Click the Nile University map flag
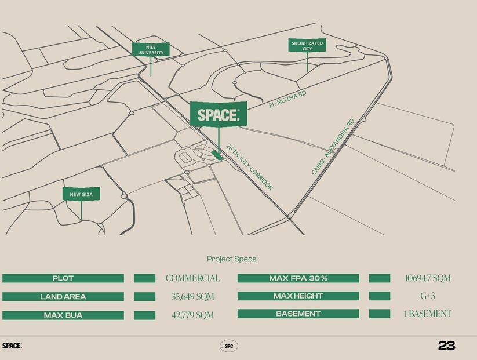(x=151, y=50)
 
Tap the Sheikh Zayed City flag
(x=307, y=46)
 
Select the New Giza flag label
(x=81, y=194)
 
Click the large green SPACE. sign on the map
(x=218, y=114)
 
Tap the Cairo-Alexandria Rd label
(x=333, y=147)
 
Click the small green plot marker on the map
(x=218, y=155)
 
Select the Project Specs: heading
(x=232, y=259)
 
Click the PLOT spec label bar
(x=63, y=278)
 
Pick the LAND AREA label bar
(x=63, y=297)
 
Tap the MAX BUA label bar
(x=63, y=315)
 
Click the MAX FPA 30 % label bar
(x=298, y=278)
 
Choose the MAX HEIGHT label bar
(x=298, y=296)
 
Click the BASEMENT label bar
(x=298, y=314)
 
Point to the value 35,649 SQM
(x=193, y=297)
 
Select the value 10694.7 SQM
(x=427, y=278)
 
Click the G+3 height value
(x=427, y=296)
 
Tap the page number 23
(x=446, y=346)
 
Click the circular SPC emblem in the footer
(x=229, y=346)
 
